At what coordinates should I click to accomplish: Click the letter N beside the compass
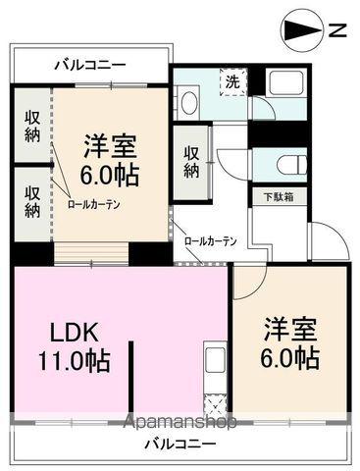coord(335,30)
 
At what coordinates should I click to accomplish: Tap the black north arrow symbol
coord(302,29)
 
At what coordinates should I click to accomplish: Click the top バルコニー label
coord(89,66)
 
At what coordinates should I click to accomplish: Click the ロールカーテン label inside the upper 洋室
coord(94,205)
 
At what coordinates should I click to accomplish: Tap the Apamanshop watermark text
coord(179,423)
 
